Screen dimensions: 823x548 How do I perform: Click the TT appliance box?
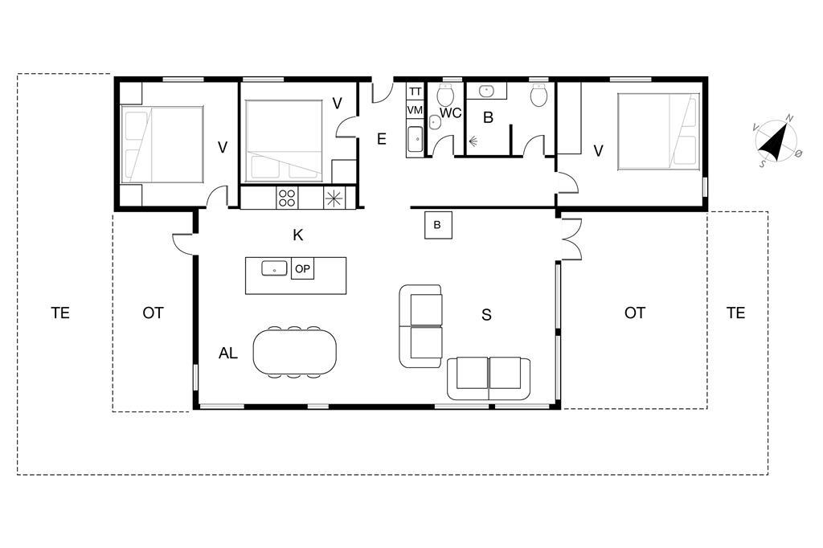click(x=415, y=92)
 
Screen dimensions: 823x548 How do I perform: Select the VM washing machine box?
click(x=415, y=110)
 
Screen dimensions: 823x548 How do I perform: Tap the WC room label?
click(x=450, y=112)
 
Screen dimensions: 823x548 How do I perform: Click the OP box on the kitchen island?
click(x=302, y=269)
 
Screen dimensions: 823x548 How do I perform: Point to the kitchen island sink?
click(x=275, y=268)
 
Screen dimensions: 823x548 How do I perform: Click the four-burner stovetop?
click(x=287, y=198)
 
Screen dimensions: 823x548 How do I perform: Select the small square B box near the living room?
click(x=438, y=225)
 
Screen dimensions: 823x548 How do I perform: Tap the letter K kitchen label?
click(x=298, y=235)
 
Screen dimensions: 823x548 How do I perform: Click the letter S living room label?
click(x=486, y=315)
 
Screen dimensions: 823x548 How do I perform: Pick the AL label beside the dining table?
click(x=227, y=354)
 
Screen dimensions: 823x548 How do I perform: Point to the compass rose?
click(x=776, y=141)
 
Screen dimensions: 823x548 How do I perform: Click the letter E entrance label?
click(x=382, y=139)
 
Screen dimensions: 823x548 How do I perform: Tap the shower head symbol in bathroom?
click(x=473, y=141)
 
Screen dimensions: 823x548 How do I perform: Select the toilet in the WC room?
click(x=446, y=95)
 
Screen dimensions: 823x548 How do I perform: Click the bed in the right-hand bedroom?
click(x=659, y=132)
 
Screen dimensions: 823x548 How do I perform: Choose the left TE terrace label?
click(x=60, y=313)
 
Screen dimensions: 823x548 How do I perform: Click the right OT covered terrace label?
click(x=635, y=313)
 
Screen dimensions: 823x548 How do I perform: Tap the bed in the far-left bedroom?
click(x=162, y=145)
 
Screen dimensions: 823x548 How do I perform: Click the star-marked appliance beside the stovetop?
click(x=334, y=198)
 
